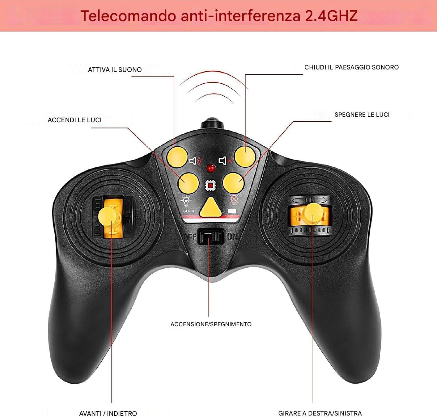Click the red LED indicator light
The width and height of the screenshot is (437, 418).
[211, 168]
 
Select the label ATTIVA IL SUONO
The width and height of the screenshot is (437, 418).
[115, 70]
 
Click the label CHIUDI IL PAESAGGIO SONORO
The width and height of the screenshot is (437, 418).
[351, 67]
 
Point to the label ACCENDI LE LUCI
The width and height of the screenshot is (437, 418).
[74, 120]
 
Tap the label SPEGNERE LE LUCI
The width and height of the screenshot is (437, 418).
[362, 115]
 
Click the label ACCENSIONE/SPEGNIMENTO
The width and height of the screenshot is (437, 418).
[211, 324]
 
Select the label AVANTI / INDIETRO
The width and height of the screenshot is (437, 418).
[108, 413]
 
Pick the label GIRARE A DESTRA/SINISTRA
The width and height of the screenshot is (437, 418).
[320, 413]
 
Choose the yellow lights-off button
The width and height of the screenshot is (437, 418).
[234, 182]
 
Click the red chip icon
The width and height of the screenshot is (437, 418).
[211, 185]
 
